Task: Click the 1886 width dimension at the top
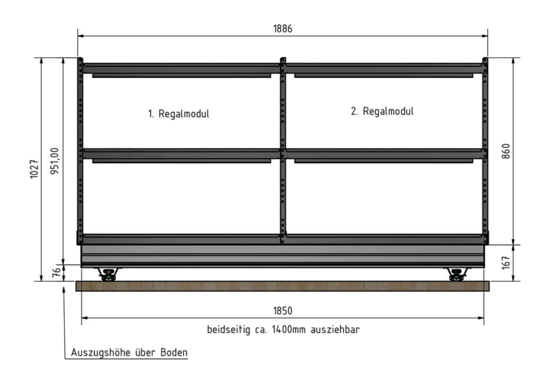[283, 29]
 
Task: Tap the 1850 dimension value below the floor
[283, 311]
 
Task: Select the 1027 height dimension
[34, 169]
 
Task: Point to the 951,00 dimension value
[55, 161]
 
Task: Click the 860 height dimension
[506, 151]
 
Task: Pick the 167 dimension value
[506, 263]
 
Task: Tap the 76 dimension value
[56, 273]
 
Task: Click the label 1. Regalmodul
[179, 114]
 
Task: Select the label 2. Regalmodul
[382, 112]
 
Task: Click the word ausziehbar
[335, 330]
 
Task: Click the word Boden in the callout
[174, 353]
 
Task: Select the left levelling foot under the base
[109, 275]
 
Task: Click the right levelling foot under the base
[457, 275]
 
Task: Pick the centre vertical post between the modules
[283, 151]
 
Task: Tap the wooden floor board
[283, 286]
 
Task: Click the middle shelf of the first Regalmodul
[182, 155]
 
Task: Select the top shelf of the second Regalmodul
[384, 70]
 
